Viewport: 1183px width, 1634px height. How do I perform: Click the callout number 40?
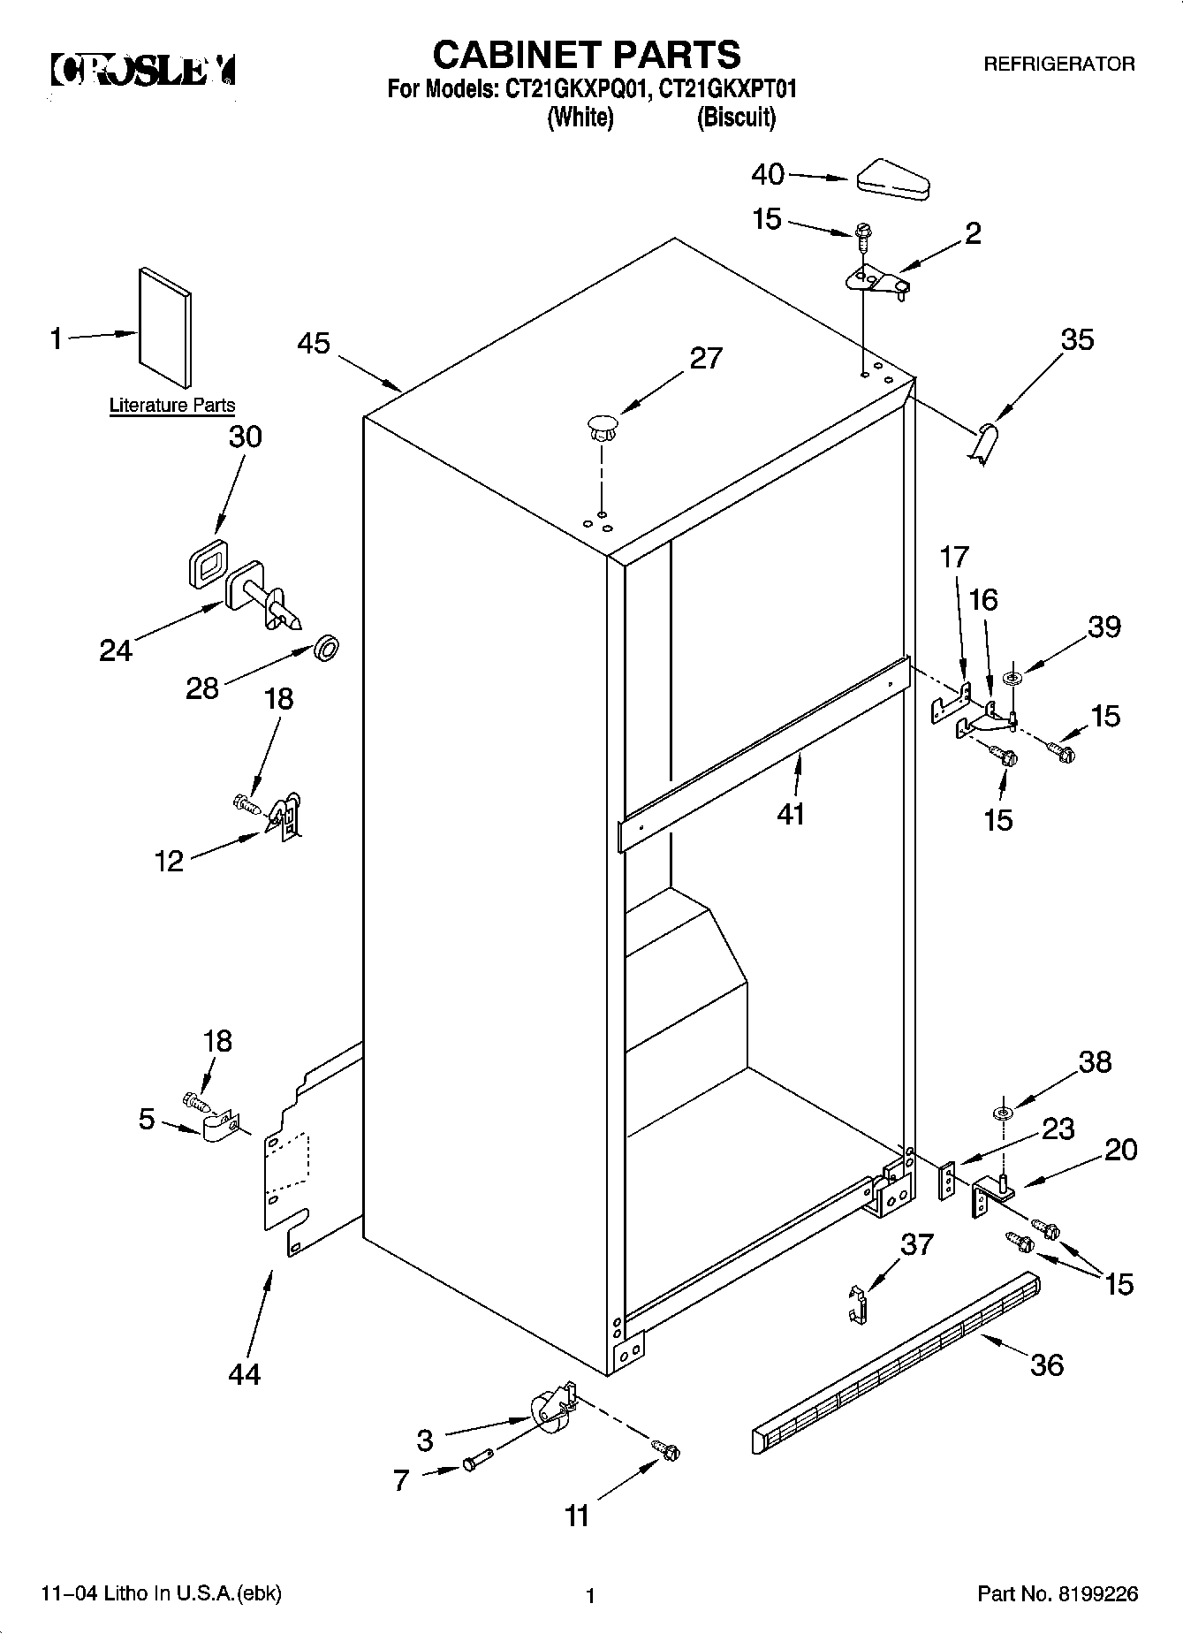767,174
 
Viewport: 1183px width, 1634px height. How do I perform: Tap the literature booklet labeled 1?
163,326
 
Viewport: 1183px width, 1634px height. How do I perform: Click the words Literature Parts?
172,406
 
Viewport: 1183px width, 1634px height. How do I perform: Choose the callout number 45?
314,343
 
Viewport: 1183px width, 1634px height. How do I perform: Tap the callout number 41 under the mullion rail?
791,812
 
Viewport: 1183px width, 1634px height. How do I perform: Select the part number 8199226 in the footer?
1094,1594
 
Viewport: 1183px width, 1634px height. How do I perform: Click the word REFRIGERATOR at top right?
1058,65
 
